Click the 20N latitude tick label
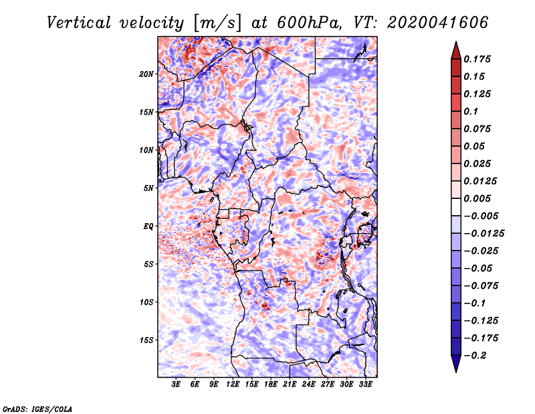[146, 74]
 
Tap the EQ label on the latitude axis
[148, 226]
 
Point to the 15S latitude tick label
[146, 340]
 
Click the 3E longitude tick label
[177, 385]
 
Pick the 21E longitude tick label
[290, 385]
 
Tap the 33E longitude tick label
[365, 385]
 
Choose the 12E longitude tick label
[233, 385]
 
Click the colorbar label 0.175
[477, 59]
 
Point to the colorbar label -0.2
[477, 355]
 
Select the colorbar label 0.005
[477, 198]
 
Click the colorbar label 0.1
[472, 111]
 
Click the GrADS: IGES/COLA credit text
[37, 408]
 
